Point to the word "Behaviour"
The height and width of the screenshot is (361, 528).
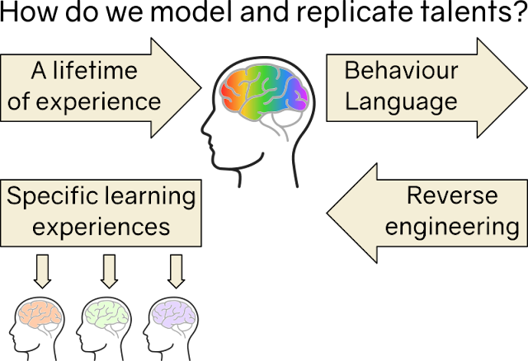click(x=401, y=70)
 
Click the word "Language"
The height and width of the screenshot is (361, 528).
click(x=401, y=102)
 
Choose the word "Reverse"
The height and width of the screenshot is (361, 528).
click(x=452, y=195)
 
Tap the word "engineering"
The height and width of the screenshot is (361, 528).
click(x=452, y=227)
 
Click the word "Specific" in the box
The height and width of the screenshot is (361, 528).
click(x=52, y=196)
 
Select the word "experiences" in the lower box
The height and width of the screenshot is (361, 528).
click(x=101, y=227)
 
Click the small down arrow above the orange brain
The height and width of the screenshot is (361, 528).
click(x=42, y=271)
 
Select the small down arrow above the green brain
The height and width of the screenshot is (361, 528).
click(x=109, y=271)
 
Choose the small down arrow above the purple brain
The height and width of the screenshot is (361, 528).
click(x=176, y=271)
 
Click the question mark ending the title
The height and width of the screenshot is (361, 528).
click(x=521, y=12)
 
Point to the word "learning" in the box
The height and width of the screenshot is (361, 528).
click(x=150, y=196)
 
